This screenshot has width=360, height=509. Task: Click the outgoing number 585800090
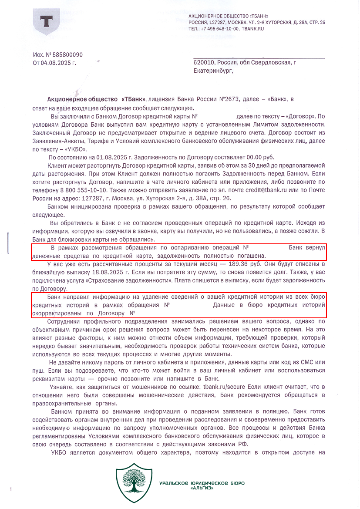[x=67, y=55]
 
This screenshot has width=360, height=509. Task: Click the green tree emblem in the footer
[x=134, y=481]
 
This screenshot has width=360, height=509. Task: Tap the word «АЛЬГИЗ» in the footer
[x=202, y=488]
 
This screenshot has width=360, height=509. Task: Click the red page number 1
[x=10, y=489]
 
